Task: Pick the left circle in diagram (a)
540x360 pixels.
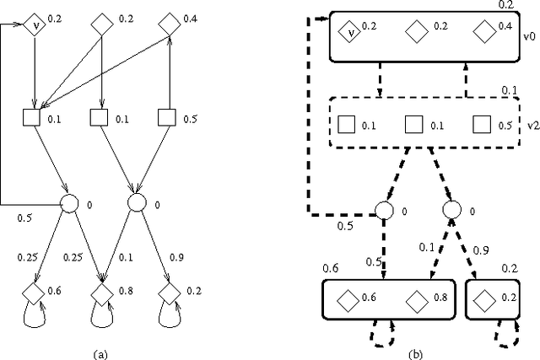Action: pyautogui.click(x=68, y=202)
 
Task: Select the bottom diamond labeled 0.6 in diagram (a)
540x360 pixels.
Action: pyautogui.click(x=34, y=293)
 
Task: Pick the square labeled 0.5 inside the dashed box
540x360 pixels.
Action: pyautogui.click(x=481, y=126)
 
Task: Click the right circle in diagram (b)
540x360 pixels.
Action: pyautogui.click(x=451, y=209)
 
